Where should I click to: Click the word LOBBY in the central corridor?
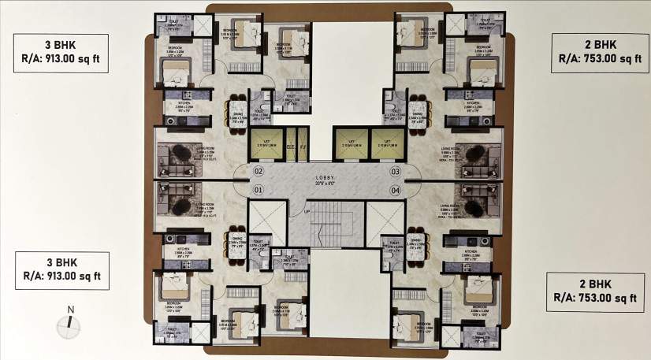pos(325,178)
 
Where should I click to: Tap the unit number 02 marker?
pos(258,171)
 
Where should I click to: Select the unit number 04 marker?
pos(396,190)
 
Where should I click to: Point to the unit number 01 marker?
pos(258,190)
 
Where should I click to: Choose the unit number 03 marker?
pos(396,171)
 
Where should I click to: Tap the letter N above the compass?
pos(70,310)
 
